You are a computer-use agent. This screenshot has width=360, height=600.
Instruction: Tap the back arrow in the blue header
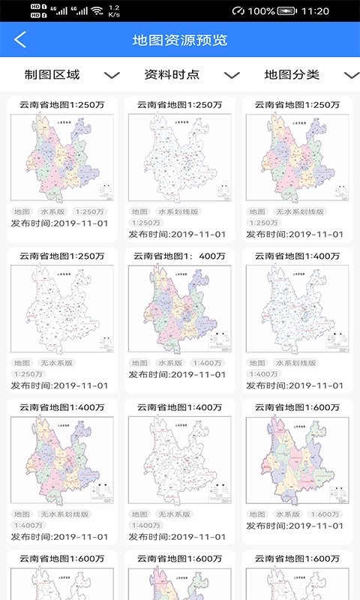20,40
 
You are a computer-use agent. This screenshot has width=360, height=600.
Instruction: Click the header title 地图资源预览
180,40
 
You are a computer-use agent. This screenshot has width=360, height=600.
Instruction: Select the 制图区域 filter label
52,74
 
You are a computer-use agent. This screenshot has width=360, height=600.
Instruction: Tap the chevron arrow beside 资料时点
232,75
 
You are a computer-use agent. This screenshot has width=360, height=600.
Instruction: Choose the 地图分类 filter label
292,74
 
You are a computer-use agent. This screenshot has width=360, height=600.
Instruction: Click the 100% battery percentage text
261,11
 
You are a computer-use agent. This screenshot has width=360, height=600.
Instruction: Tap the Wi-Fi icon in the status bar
97,11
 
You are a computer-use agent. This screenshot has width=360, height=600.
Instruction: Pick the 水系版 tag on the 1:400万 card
174,363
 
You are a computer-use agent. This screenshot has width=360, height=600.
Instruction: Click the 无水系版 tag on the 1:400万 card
174,514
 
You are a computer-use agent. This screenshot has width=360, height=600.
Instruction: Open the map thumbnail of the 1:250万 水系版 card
62,157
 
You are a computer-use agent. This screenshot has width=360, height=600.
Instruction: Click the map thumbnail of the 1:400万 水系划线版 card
298,308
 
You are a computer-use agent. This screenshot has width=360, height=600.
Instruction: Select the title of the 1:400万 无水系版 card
180,407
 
